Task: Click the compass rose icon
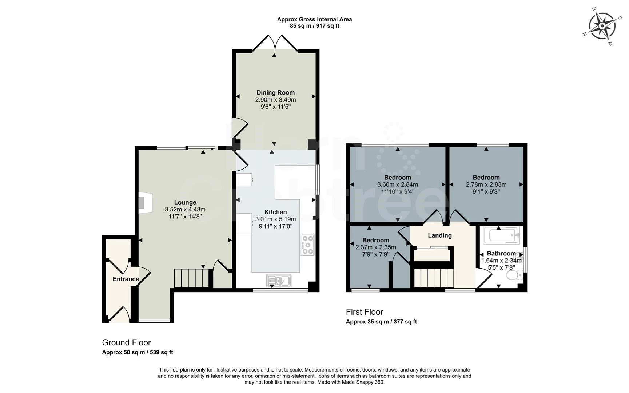(x=602, y=26)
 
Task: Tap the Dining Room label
(x=275, y=92)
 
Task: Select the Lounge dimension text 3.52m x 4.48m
(x=185, y=209)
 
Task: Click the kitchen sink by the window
(x=278, y=280)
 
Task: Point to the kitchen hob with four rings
(x=307, y=245)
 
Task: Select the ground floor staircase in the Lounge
(x=191, y=278)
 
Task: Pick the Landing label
(x=439, y=235)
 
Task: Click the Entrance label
(x=126, y=279)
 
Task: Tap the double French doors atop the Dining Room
(x=275, y=43)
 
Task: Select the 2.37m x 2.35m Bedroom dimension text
(x=375, y=247)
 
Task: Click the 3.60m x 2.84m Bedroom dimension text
(x=397, y=184)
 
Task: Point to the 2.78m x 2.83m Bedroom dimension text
(x=486, y=184)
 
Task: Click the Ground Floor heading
(x=126, y=342)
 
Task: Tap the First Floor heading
(x=364, y=312)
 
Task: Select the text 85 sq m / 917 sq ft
(x=314, y=26)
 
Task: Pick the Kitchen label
(x=275, y=212)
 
